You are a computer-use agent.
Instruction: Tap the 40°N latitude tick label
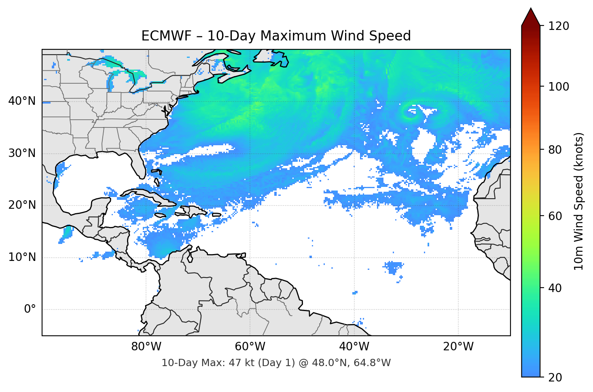[x=22, y=101]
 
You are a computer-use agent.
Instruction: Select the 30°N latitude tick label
[x=22, y=153]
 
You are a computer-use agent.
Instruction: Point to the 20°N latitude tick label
[x=22, y=205]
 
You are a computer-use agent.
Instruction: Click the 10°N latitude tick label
[x=22, y=257]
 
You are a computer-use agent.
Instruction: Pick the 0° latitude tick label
[x=30, y=309]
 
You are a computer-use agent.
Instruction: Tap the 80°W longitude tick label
[x=146, y=347]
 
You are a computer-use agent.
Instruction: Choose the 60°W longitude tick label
[x=250, y=347]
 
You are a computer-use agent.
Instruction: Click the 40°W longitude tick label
[x=354, y=347]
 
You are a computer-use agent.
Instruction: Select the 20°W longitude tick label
[x=458, y=347]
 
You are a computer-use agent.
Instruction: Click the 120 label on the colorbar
[x=559, y=26]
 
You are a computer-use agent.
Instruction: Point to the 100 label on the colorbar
[x=559, y=87]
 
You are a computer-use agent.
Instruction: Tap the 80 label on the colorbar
[x=555, y=150]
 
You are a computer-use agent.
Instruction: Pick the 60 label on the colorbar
[x=555, y=216]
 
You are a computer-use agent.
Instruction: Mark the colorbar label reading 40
[x=555, y=288]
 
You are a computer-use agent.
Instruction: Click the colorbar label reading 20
[x=555, y=377]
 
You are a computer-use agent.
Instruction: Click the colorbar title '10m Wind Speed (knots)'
[x=579, y=201]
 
